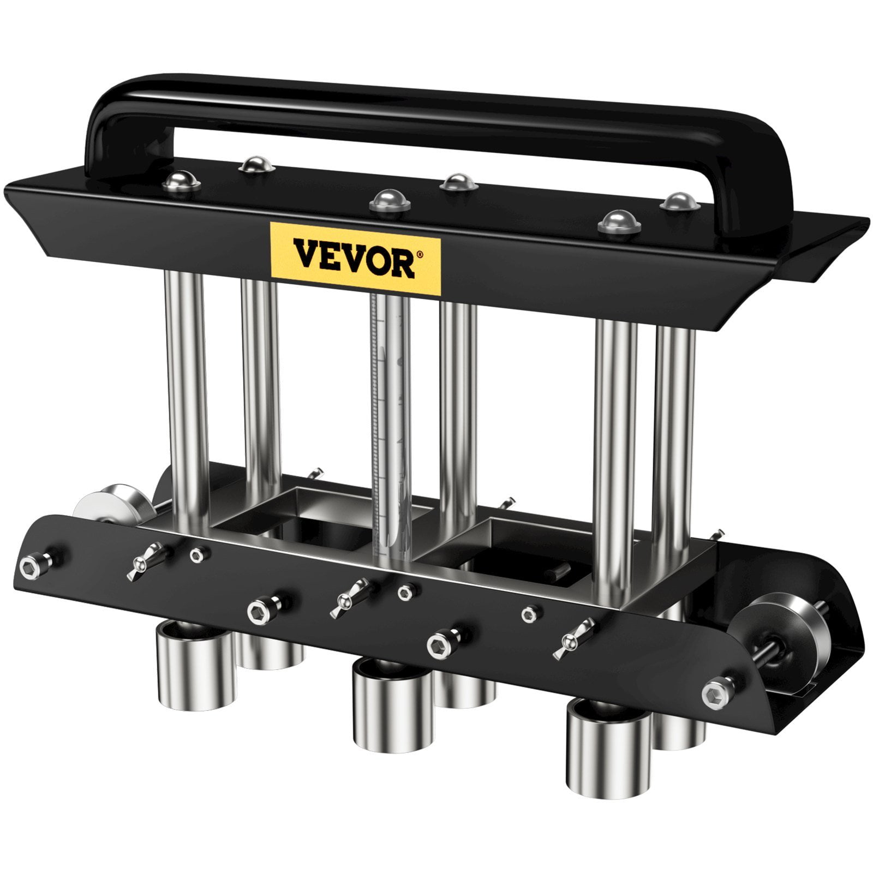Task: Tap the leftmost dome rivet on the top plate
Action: pyautogui.click(x=181, y=181)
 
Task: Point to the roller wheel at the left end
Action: pyautogui.click(x=112, y=505)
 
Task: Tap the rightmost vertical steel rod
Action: pyautogui.click(x=675, y=436)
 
